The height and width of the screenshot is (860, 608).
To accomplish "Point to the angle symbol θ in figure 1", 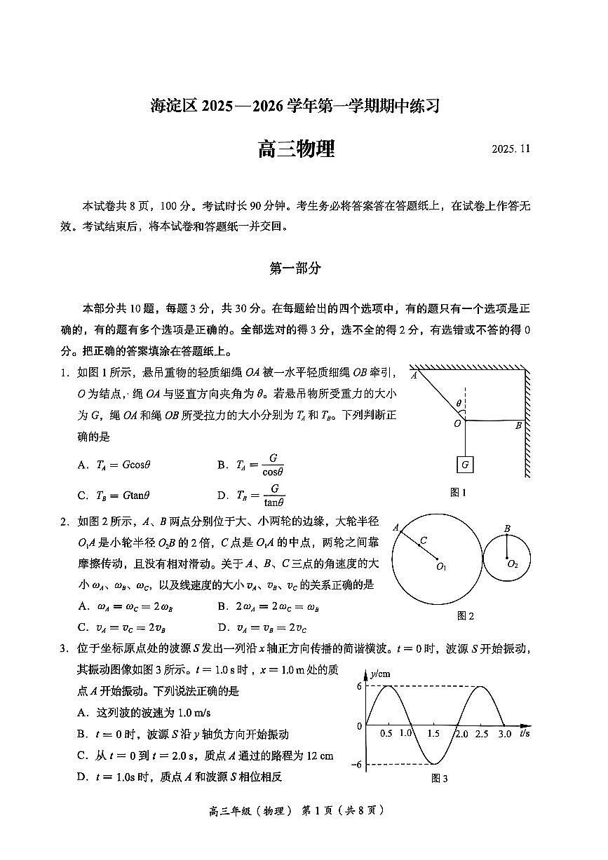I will coord(459,404).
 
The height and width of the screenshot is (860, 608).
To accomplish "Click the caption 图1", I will coord(458,493).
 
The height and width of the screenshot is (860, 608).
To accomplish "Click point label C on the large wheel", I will coord(423,540).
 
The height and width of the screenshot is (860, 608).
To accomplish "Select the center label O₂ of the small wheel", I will coord(513,564).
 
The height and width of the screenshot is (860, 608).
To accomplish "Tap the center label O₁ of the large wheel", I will coord(441,566).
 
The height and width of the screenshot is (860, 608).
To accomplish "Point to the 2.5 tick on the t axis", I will coord(481,733).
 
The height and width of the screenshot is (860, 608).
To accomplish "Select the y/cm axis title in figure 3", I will coord(379,674).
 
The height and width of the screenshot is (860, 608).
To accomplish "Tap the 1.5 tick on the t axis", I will coord(433,733).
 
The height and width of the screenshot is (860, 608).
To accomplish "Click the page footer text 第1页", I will coord(315,830).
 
